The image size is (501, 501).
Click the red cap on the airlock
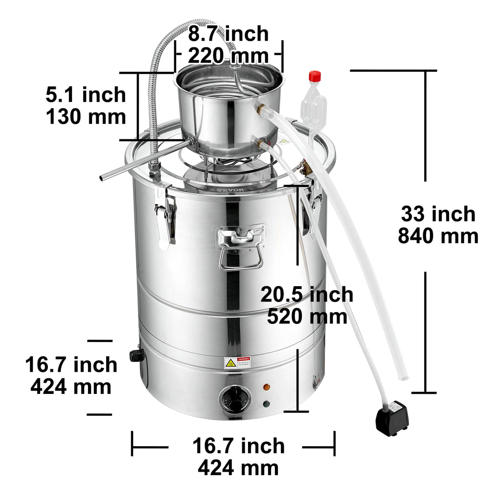[x=315, y=76]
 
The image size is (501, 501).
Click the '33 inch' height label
[x=438, y=214]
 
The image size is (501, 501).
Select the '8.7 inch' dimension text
[x=228, y=34]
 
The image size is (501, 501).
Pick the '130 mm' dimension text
[x=86, y=117]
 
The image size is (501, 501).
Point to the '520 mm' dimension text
[x=307, y=316]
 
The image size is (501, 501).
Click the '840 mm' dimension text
[x=438, y=236]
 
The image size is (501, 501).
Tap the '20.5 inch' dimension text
[x=307, y=295]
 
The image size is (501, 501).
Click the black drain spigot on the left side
[x=136, y=356]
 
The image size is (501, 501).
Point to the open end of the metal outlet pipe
[x=102, y=178]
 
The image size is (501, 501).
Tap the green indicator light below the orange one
[x=266, y=404]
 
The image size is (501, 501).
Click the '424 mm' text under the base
[x=238, y=468]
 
